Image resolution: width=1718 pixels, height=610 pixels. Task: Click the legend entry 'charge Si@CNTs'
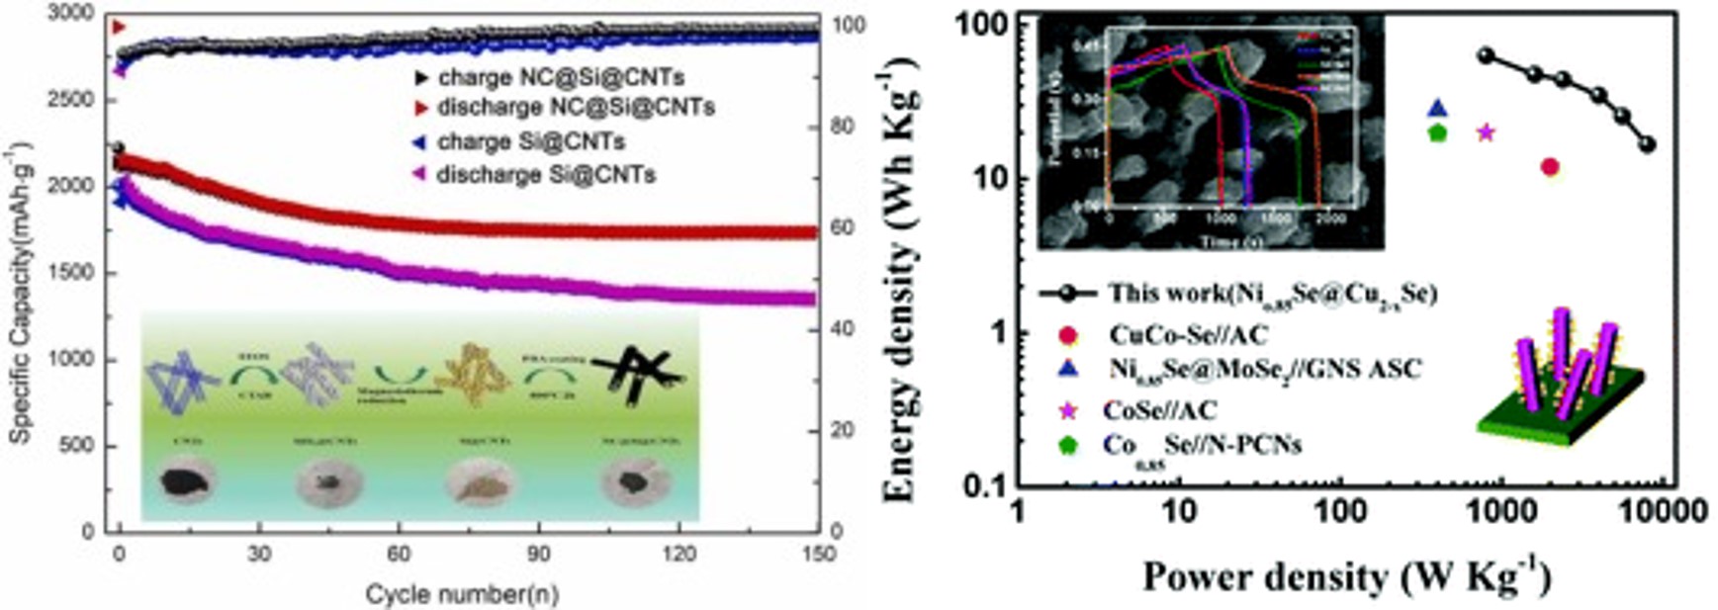tap(531, 142)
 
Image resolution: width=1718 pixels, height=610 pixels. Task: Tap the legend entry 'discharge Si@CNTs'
tap(545, 175)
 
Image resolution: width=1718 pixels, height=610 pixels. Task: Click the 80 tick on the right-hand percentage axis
tap(839, 127)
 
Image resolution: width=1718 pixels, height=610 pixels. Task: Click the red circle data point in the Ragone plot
tap(1549, 167)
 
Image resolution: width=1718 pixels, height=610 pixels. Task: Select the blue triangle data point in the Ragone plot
tap(1438, 109)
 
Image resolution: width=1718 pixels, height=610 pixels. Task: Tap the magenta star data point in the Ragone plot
tap(1485, 132)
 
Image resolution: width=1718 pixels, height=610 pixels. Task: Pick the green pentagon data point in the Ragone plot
tap(1437, 132)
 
